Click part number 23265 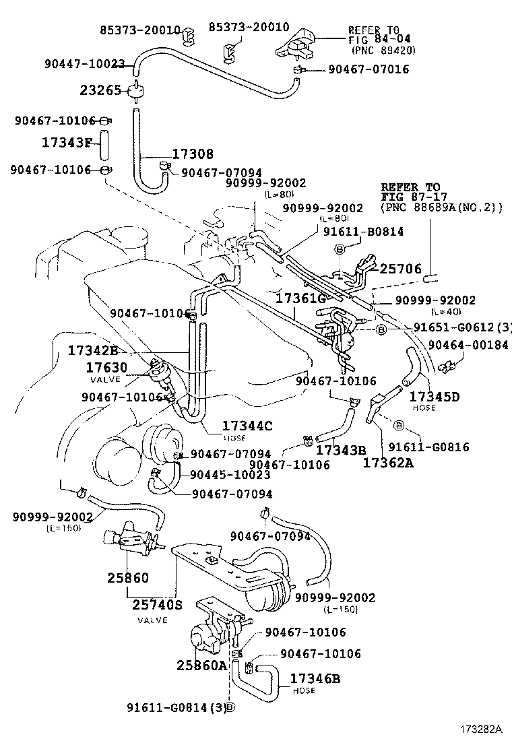(100, 90)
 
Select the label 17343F (66, 142)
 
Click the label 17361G (300, 296)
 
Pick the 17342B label (92, 351)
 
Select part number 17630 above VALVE (106, 368)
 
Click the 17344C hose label (247, 426)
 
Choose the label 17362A (389, 463)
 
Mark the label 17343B (341, 449)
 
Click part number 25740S (157, 605)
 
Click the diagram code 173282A (481, 729)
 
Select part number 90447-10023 (85, 64)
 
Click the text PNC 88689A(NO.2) (442, 208)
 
